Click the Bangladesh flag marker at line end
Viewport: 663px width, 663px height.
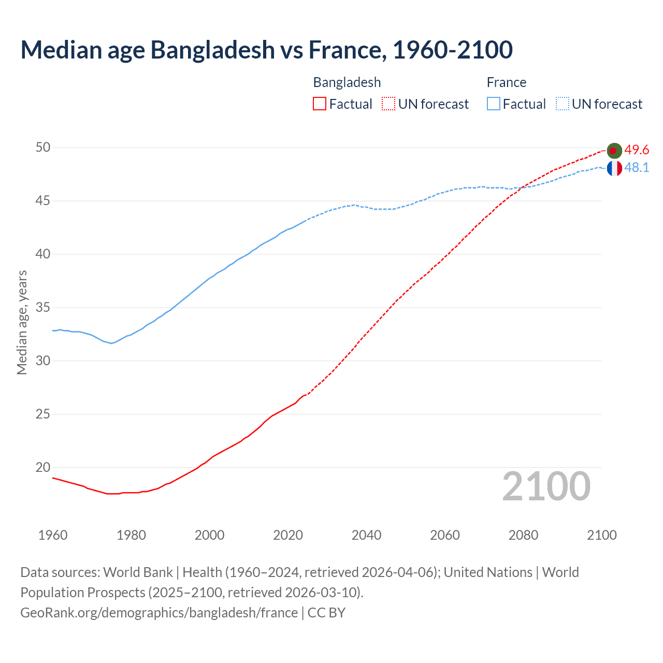click(x=614, y=151)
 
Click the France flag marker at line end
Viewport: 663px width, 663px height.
click(x=614, y=168)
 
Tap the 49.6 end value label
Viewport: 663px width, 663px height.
click(x=637, y=150)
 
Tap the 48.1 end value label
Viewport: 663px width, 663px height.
click(x=637, y=168)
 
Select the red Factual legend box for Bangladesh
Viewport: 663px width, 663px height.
click(x=320, y=104)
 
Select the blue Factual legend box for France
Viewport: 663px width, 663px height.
click(x=494, y=104)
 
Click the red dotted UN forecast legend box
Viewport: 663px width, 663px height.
click(x=388, y=104)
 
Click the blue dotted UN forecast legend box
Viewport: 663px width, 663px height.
click(x=563, y=104)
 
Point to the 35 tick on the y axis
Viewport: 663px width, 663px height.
click(x=43, y=308)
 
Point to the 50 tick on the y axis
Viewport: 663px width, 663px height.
click(x=43, y=148)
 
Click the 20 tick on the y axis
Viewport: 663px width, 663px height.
click(x=43, y=468)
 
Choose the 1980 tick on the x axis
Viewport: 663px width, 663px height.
click(x=131, y=535)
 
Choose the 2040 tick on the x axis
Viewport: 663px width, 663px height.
click(x=366, y=535)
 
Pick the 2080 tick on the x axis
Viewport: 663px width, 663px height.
click(x=523, y=535)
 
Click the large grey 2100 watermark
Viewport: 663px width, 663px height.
click(x=546, y=486)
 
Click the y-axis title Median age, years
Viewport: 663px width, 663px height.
click(x=22, y=322)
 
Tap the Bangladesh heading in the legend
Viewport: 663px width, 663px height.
click(x=347, y=82)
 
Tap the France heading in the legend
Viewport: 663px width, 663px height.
click(x=507, y=82)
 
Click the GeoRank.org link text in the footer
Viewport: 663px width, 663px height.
click(x=159, y=613)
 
